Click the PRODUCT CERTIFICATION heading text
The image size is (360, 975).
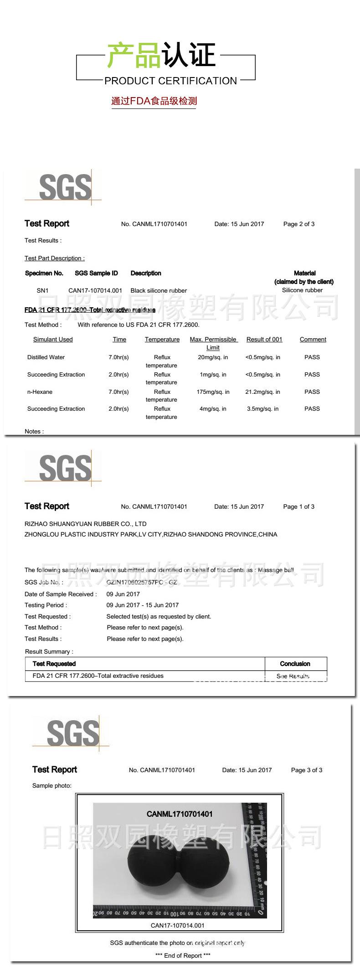click(170, 81)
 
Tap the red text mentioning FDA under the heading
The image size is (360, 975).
click(154, 101)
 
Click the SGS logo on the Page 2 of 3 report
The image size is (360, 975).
click(65, 187)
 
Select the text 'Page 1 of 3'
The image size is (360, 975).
click(298, 506)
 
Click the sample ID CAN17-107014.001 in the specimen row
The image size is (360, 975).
click(95, 290)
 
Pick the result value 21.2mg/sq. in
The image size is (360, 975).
click(262, 392)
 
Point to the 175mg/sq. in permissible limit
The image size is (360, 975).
click(213, 392)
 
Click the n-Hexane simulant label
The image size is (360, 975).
click(40, 392)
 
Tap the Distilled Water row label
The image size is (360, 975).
click(46, 357)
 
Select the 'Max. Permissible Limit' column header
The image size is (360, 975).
click(213, 343)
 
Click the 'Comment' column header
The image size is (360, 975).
click(313, 340)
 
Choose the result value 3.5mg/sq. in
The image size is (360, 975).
click(262, 409)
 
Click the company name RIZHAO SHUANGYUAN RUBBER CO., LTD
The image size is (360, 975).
click(86, 524)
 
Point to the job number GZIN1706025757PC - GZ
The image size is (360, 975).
click(142, 582)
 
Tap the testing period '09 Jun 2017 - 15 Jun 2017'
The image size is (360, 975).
click(143, 605)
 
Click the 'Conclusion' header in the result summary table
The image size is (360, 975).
click(295, 664)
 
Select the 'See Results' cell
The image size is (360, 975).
click(293, 676)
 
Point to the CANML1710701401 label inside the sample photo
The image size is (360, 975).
click(180, 814)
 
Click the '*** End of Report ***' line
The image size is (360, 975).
click(183, 955)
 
